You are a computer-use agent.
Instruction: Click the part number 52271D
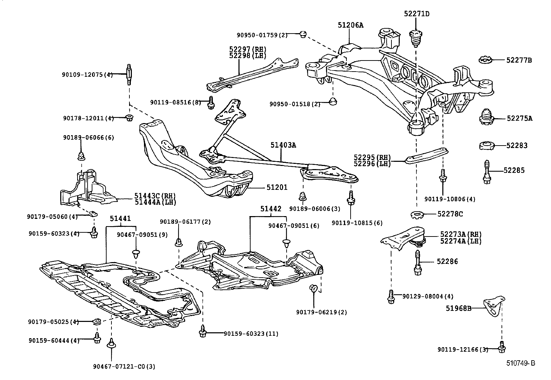click(417, 14)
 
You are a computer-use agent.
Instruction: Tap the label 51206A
click(351, 25)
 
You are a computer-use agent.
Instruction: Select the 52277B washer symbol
click(487, 60)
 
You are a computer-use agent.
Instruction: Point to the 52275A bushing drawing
click(487, 118)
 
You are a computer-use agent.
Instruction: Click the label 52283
click(517, 146)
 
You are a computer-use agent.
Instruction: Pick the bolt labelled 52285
click(487, 172)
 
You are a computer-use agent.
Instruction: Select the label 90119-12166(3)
click(463, 350)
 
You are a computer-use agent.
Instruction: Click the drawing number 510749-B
click(521, 363)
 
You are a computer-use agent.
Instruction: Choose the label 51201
click(277, 187)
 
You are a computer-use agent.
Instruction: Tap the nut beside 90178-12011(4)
click(129, 118)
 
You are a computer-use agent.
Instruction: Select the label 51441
click(120, 219)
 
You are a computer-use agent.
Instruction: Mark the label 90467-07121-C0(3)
click(124, 366)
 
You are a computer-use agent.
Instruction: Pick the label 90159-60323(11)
click(251, 334)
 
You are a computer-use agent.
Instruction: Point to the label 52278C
click(450, 214)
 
